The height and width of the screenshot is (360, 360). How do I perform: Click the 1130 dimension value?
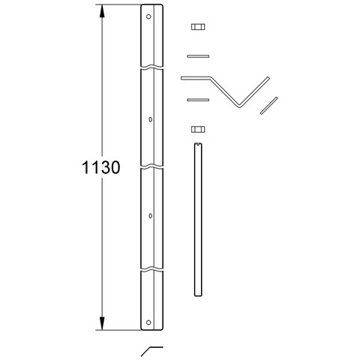click(x=101, y=167)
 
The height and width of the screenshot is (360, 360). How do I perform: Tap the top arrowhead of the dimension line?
click(x=102, y=11)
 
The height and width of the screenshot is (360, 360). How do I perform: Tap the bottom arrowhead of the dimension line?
click(x=102, y=323)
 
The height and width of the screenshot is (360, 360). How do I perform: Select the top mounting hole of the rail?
click(x=148, y=16)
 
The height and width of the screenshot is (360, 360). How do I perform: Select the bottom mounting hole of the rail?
click(x=148, y=322)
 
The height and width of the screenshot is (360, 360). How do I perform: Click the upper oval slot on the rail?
click(x=150, y=119)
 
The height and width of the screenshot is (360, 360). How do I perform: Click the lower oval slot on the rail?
click(x=150, y=216)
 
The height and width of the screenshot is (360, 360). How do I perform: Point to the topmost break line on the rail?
click(x=151, y=67)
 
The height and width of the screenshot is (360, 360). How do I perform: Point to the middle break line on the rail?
click(x=151, y=166)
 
